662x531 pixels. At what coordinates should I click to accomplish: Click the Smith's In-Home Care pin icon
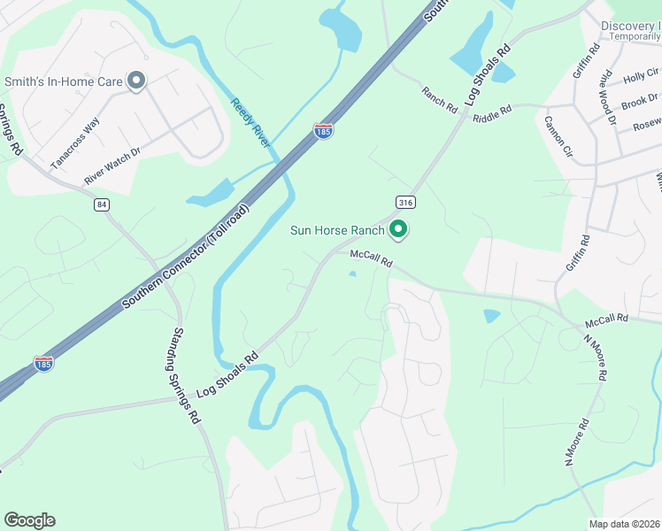[x=136, y=81]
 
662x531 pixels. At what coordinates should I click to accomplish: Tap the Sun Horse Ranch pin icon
[x=398, y=231]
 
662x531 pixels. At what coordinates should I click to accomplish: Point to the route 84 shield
[x=104, y=204]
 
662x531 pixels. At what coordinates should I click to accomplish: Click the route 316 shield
[x=405, y=203]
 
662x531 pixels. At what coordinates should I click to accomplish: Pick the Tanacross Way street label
[x=74, y=142]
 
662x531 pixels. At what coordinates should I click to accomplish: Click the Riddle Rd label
[x=492, y=114]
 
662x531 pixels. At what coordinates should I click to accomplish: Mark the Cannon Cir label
[x=559, y=135]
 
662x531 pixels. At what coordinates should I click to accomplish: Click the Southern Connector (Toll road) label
[x=186, y=258]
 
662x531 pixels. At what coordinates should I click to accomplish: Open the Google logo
[x=29, y=520]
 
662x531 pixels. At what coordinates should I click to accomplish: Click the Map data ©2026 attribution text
[x=625, y=524]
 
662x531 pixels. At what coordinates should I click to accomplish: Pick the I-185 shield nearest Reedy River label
[x=324, y=131]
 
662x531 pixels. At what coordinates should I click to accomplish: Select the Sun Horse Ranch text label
[x=338, y=231]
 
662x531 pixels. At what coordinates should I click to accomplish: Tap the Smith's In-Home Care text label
[x=63, y=81]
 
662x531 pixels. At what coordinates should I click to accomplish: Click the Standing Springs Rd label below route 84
[x=179, y=375]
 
